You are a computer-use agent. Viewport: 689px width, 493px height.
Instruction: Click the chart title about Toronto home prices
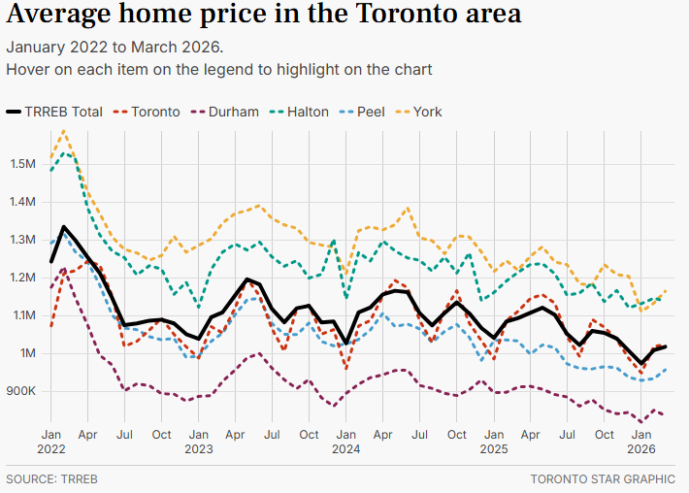click(263, 16)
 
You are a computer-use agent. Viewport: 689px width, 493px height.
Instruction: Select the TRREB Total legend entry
click(54, 112)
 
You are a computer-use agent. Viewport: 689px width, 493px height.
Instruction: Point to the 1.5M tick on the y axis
click(22, 163)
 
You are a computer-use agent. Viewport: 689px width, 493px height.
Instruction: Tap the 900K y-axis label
click(21, 391)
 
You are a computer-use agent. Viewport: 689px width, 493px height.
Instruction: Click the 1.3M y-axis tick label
click(22, 239)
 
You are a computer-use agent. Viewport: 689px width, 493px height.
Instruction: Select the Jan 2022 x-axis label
click(51, 442)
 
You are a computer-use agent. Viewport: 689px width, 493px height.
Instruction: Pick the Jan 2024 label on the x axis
click(346, 442)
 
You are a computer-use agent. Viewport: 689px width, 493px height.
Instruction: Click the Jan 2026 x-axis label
click(640, 442)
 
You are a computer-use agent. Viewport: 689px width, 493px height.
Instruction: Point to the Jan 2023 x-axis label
click(199, 442)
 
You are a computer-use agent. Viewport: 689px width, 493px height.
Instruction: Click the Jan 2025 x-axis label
click(494, 442)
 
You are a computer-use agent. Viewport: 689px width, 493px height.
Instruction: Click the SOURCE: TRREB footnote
click(52, 479)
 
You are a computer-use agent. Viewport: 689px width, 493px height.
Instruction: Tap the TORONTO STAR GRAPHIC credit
click(603, 479)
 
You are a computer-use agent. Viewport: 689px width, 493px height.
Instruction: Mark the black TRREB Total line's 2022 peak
click(64, 227)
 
